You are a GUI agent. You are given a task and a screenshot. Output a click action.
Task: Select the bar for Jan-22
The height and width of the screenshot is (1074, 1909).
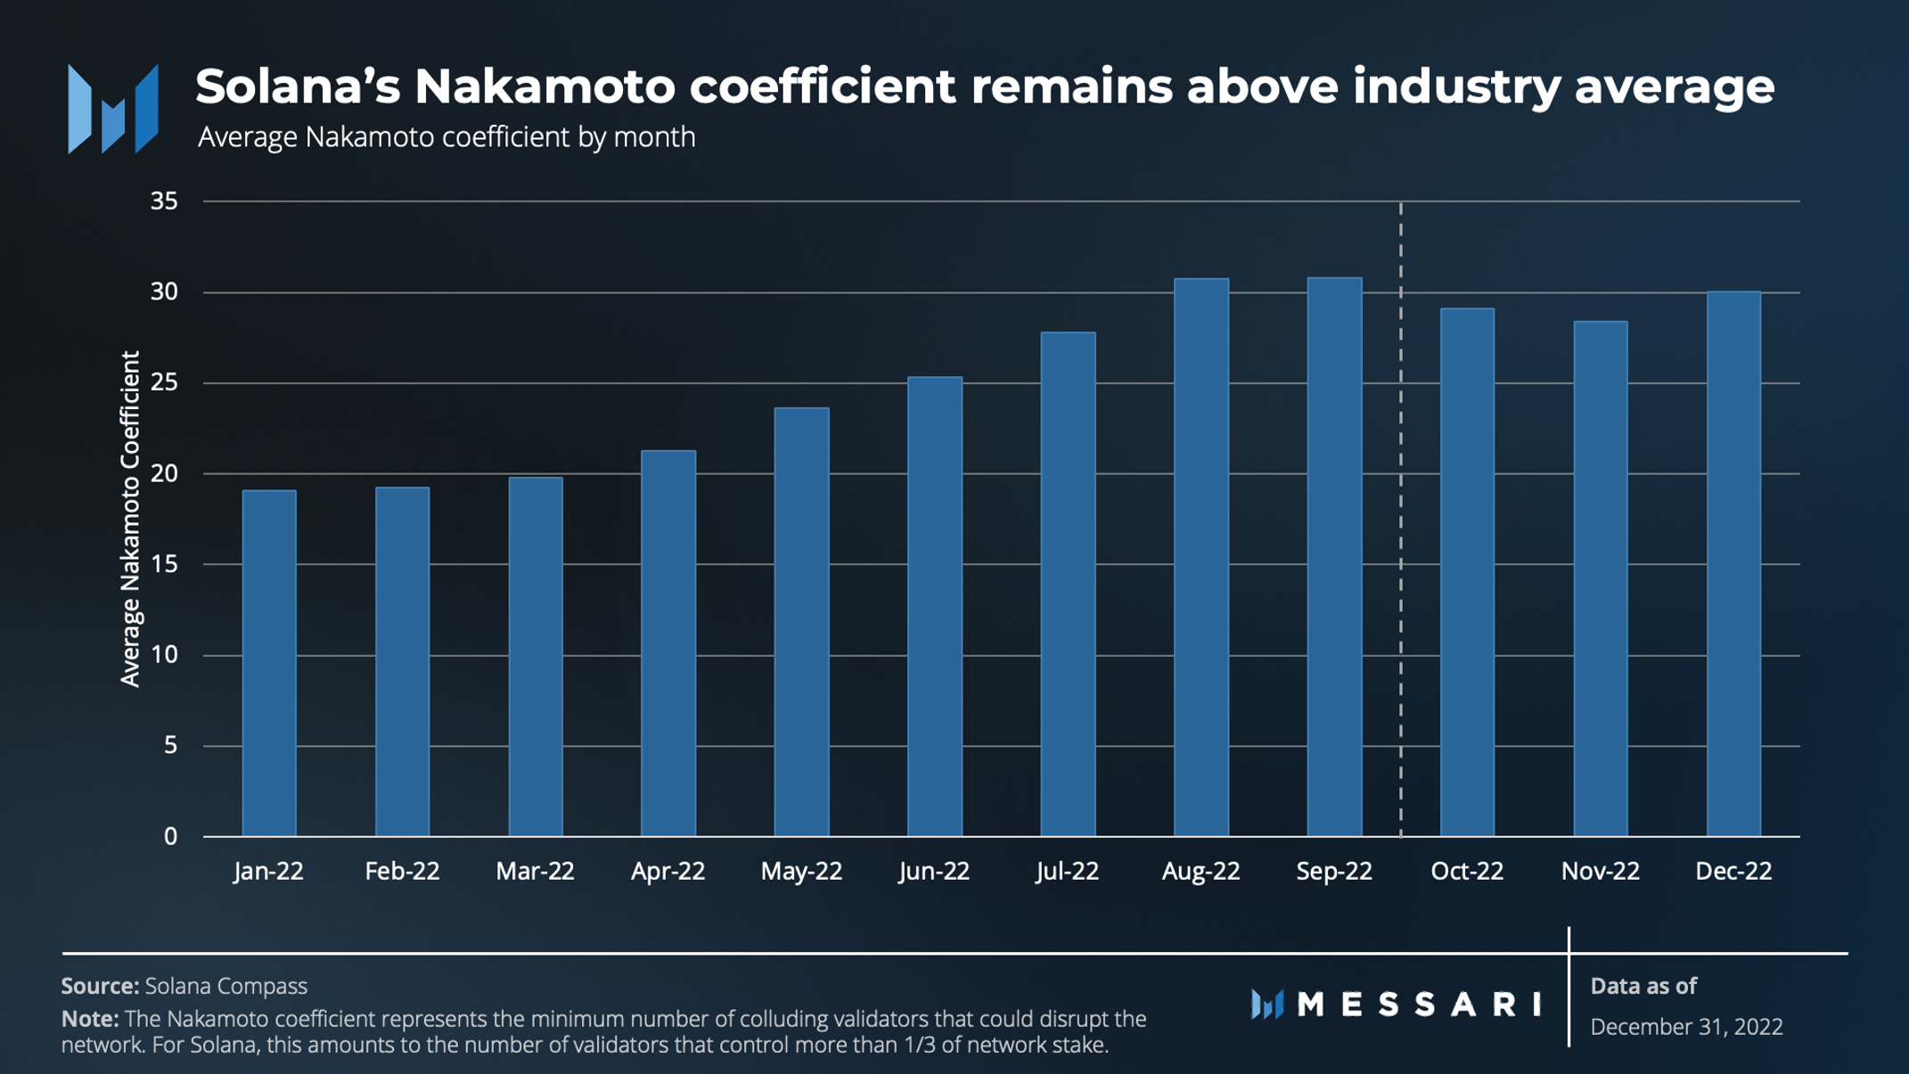click(269, 663)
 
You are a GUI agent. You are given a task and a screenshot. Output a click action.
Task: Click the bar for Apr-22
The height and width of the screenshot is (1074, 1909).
click(668, 644)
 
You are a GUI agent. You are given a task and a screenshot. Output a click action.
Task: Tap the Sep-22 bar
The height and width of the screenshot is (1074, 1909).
click(1335, 557)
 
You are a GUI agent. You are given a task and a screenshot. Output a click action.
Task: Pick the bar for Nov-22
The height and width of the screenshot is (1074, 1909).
click(1601, 578)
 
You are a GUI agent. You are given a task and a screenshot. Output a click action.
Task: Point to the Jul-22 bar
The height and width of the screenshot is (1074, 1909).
click(1068, 585)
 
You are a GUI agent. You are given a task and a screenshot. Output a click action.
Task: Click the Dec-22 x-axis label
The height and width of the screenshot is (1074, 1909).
click(1733, 871)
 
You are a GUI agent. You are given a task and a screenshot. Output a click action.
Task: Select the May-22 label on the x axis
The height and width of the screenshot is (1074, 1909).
click(801, 871)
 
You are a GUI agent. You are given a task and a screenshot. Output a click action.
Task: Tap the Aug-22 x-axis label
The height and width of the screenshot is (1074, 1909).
click(1200, 871)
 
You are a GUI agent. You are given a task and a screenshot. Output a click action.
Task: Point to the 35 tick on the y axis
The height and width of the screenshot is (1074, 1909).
click(164, 201)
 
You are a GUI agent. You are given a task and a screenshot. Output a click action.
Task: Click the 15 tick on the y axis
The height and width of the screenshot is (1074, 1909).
click(164, 564)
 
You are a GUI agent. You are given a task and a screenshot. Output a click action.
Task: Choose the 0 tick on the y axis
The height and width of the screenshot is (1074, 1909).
click(170, 836)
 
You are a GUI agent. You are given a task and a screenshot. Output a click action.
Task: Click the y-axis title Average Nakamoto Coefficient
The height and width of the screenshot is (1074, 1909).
click(130, 519)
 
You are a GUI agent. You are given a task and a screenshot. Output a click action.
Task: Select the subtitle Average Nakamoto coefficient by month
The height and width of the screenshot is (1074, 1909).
click(447, 137)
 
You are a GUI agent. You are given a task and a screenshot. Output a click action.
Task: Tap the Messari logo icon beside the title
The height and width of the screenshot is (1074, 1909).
click(113, 109)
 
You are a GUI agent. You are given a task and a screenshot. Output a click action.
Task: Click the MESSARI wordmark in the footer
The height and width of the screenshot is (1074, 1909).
click(1420, 1004)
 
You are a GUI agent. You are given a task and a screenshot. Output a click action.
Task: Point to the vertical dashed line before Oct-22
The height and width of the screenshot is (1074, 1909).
click(1401, 519)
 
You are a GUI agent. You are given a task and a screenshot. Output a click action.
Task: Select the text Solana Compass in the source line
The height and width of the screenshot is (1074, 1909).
click(226, 986)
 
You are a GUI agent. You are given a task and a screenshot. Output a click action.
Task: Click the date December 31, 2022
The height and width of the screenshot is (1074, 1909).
click(1686, 1027)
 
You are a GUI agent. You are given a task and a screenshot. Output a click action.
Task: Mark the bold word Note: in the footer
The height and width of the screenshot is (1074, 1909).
click(90, 1018)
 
